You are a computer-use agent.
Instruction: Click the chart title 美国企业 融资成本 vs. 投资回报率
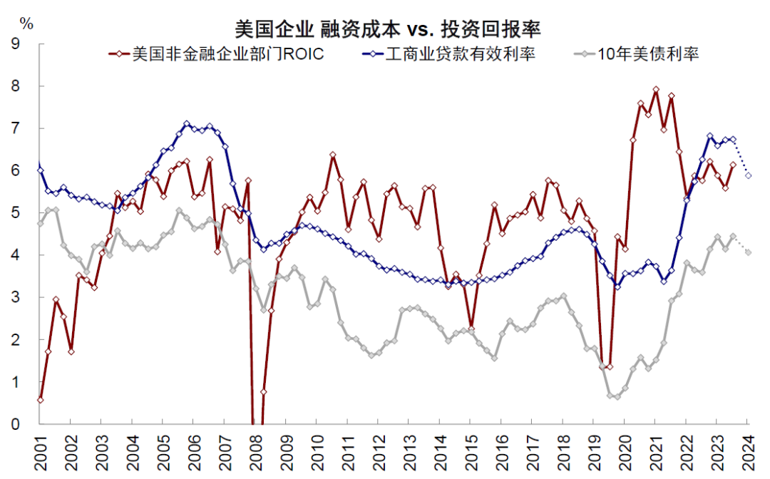[388, 29]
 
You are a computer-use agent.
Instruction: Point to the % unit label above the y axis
[26, 24]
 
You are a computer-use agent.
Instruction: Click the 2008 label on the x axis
[254, 453]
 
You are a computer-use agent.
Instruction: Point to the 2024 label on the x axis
[748, 453]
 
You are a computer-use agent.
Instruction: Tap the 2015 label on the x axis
[470, 453]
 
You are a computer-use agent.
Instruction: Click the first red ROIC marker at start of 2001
[40, 400]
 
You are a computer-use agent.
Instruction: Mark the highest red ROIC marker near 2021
[656, 90]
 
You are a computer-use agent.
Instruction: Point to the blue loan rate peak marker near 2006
[187, 124]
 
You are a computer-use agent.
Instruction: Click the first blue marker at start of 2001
[40, 170]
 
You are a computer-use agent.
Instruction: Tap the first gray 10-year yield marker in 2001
[40, 223]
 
